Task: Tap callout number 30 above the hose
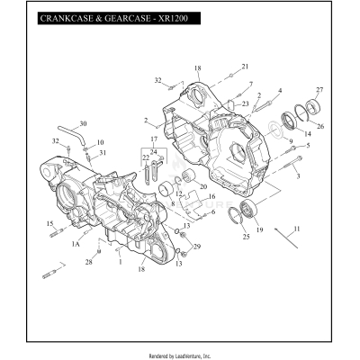84,123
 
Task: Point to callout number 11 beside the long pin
298,229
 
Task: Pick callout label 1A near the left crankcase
76,244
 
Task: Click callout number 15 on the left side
50,223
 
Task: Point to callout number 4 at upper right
280,90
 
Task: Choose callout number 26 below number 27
320,127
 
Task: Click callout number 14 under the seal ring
307,133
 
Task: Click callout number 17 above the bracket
153,151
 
